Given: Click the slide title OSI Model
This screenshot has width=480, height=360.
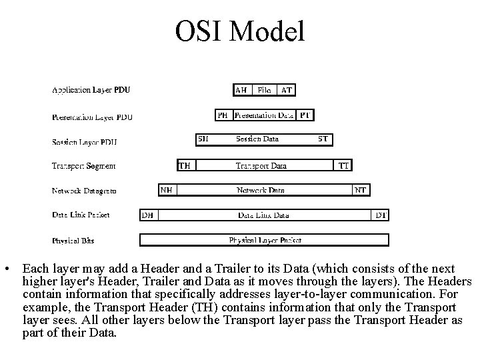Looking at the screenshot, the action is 240,31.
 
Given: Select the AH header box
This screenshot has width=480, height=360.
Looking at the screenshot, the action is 241,90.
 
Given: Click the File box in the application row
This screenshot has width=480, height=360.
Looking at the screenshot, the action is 264,90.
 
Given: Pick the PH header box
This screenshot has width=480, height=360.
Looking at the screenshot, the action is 223,115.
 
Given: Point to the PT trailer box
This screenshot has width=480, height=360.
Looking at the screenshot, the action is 305,115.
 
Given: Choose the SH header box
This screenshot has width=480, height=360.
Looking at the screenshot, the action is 203,139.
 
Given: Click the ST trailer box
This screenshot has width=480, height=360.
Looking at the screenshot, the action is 323,139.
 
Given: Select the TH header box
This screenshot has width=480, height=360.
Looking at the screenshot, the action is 185,165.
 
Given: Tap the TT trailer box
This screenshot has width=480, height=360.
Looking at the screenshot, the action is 343,165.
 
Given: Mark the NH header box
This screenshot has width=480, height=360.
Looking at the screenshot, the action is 167,190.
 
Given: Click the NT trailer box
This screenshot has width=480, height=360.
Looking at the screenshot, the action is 361,190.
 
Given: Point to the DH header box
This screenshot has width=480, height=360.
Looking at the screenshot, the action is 147,215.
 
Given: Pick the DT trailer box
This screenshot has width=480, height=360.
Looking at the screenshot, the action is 381,215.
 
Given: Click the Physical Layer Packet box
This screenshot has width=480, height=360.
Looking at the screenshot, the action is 264,240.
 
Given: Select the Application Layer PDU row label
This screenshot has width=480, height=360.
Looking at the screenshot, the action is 91,90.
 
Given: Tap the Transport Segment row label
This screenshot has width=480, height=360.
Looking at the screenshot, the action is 83,165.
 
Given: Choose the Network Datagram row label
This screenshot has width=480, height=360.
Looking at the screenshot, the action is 84,191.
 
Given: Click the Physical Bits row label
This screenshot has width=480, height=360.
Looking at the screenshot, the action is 73,240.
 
